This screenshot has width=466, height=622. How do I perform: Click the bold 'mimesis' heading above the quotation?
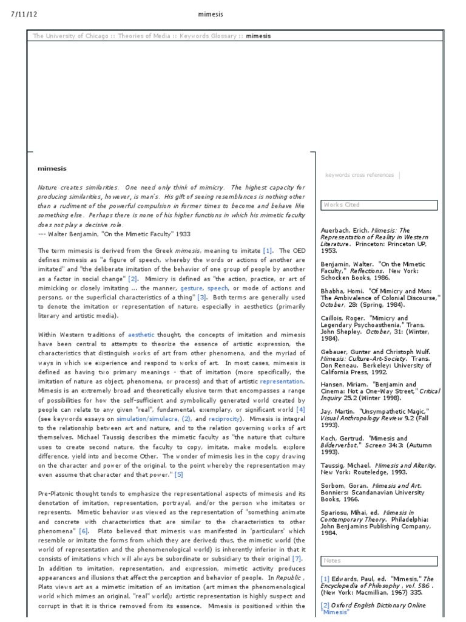point(52,168)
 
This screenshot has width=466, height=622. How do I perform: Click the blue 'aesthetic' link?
point(141,335)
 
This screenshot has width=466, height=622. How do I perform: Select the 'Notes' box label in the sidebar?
point(333,561)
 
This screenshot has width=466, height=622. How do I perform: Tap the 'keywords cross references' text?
point(359,175)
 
